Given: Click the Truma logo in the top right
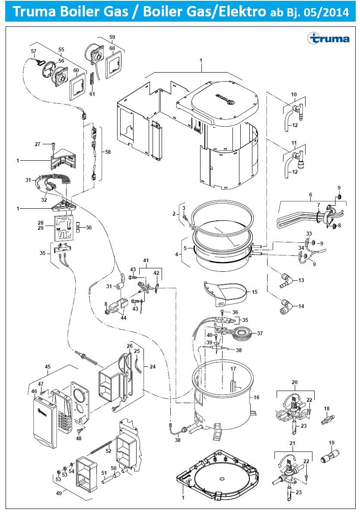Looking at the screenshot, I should [x=328, y=38].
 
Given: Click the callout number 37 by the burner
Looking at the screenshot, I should [x=260, y=333].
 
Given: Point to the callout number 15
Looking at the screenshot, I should [x=255, y=292].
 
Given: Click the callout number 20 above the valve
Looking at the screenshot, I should [x=295, y=382].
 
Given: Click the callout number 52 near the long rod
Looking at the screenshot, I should [x=108, y=451].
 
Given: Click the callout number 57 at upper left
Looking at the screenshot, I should [x=34, y=51].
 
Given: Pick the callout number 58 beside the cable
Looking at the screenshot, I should [x=108, y=152].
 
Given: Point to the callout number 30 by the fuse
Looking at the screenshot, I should [x=89, y=228].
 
